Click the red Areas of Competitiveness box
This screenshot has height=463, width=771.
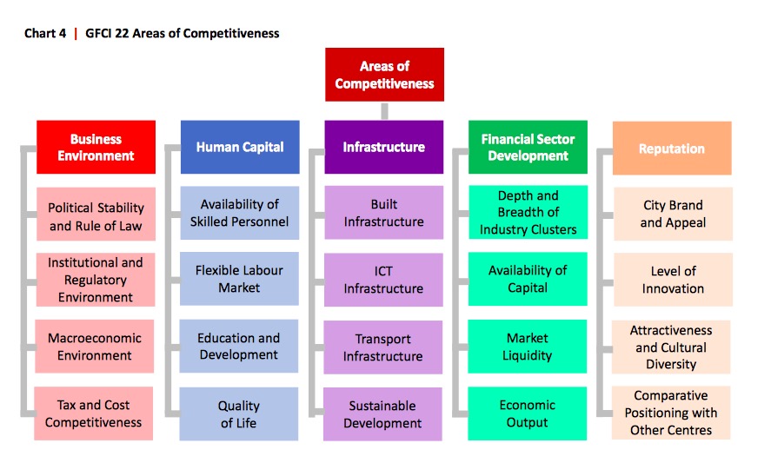click(x=384, y=75)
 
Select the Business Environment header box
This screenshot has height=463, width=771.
click(x=96, y=147)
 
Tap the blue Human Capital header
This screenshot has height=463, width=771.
click(x=240, y=147)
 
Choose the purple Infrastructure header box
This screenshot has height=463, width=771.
click(x=384, y=147)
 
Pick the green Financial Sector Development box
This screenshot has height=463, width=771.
click(x=528, y=147)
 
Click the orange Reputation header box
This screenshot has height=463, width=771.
click(x=672, y=148)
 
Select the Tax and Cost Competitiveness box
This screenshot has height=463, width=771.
click(x=93, y=413)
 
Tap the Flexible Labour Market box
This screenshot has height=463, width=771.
click(x=239, y=279)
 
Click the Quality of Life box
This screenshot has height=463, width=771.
click(x=238, y=413)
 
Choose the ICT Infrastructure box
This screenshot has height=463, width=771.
click(x=383, y=280)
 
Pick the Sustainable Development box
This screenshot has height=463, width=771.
click(x=382, y=413)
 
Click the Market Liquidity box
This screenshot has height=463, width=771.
click(x=527, y=347)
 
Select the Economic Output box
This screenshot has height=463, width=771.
click(x=527, y=413)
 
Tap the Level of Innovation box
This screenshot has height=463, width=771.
click(x=673, y=280)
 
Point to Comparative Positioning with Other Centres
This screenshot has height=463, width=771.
click(x=671, y=413)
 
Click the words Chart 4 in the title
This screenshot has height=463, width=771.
click(x=45, y=33)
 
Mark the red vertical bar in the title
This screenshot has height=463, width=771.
click(x=76, y=33)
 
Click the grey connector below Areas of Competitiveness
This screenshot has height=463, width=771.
click(x=384, y=111)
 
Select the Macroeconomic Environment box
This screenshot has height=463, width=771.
click(x=95, y=347)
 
